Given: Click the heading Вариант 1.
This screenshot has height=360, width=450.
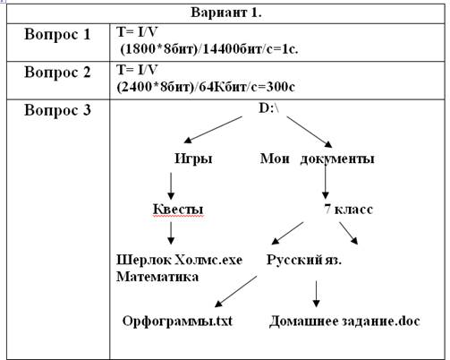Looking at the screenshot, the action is click(x=226, y=13).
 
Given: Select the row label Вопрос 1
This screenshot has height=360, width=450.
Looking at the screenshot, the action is click(x=57, y=34).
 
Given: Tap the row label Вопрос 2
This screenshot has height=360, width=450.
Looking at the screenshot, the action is click(x=57, y=73).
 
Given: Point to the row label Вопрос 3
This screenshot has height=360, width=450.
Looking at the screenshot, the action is click(x=57, y=110).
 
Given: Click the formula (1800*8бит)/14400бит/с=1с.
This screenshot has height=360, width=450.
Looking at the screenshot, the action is click(x=209, y=49).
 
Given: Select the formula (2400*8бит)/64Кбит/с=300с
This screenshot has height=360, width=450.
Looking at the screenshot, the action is click(x=206, y=87).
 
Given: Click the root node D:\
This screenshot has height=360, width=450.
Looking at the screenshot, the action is click(x=269, y=107).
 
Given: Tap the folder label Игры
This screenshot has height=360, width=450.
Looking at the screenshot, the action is click(x=193, y=159).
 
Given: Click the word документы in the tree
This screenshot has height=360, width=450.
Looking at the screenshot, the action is click(x=337, y=159).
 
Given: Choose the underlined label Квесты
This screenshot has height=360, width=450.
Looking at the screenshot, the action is click(x=178, y=209).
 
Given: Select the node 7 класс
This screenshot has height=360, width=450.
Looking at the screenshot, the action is click(x=348, y=209).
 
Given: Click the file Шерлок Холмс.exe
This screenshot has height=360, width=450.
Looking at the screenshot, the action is click(x=179, y=260).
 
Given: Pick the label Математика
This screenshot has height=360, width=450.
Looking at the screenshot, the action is click(x=157, y=277).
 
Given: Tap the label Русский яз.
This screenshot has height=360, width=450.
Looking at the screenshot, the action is click(x=304, y=260).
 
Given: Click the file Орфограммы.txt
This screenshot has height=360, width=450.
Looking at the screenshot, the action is click(x=177, y=321).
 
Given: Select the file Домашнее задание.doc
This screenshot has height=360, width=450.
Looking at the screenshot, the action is click(x=344, y=321).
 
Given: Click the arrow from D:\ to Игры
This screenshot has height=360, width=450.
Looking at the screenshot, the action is click(x=213, y=130).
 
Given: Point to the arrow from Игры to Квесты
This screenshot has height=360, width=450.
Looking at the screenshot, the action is click(x=171, y=186).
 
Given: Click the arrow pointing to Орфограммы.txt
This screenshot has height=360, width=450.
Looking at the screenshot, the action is click(x=235, y=291).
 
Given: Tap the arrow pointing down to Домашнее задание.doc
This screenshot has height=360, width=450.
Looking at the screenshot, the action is click(x=317, y=294).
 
